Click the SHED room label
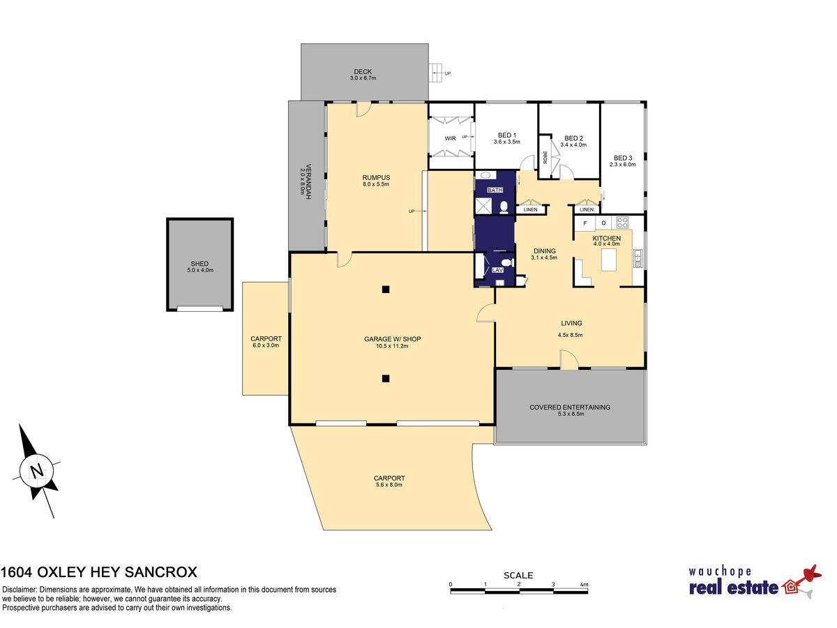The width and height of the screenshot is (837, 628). click(x=199, y=264)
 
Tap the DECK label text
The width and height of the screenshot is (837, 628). click(x=363, y=71)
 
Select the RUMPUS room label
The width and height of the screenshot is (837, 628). click(x=376, y=177)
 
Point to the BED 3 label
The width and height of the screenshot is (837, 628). click(x=623, y=158)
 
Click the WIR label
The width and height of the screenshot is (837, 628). click(x=450, y=138)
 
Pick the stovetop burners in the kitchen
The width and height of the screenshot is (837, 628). click(x=622, y=223)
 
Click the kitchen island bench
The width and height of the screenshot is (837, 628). click(x=609, y=260)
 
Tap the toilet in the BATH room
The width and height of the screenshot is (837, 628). click(x=504, y=207)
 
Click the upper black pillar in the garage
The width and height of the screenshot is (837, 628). click(x=386, y=290)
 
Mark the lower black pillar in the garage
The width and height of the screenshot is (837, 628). click(x=386, y=379)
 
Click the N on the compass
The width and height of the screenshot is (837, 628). click(x=37, y=472)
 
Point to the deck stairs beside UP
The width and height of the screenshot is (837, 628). click(x=435, y=73)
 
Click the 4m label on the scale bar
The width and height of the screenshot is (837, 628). click(x=584, y=584)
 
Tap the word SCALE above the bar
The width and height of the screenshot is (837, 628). click(x=518, y=575)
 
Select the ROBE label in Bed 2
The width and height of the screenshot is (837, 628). click(x=545, y=157)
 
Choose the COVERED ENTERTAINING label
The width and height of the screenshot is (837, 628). click(x=570, y=407)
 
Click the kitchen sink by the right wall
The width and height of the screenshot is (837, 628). click(x=638, y=258)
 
